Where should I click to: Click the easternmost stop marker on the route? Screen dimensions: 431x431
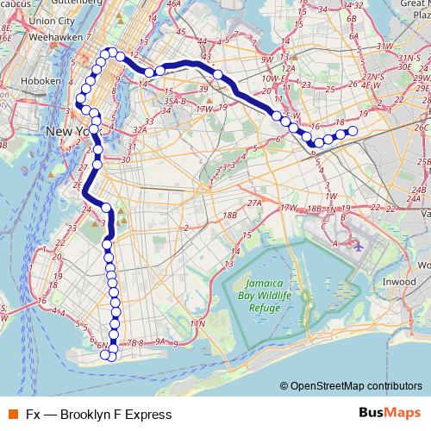(352, 131)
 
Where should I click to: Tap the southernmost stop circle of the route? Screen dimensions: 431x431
(112, 356)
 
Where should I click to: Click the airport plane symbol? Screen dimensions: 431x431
(358, 245)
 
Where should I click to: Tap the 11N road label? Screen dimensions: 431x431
(198, 323)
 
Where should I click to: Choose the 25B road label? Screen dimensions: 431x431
(423, 161)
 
